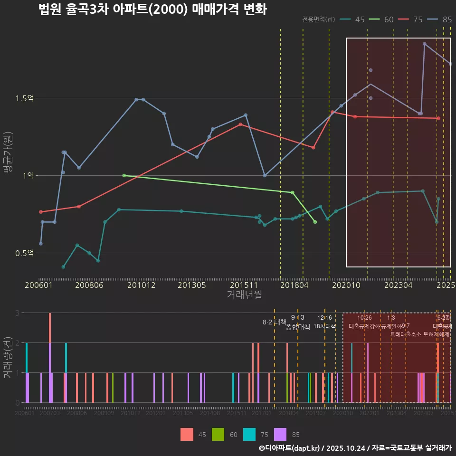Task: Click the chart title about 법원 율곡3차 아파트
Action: (x=152, y=9)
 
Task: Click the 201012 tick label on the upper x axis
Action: (x=141, y=285)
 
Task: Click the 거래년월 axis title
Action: (x=244, y=295)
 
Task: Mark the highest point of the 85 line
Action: (x=424, y=44)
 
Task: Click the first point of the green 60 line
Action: (x=124, y=175)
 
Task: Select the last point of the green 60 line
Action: (x=315, y=222)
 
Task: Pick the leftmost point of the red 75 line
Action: (x=41, y=212)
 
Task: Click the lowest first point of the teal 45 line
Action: (x=63, y=267)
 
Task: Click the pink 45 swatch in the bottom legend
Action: (x=187, y=434)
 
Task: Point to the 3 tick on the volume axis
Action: (x=18, y=313)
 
